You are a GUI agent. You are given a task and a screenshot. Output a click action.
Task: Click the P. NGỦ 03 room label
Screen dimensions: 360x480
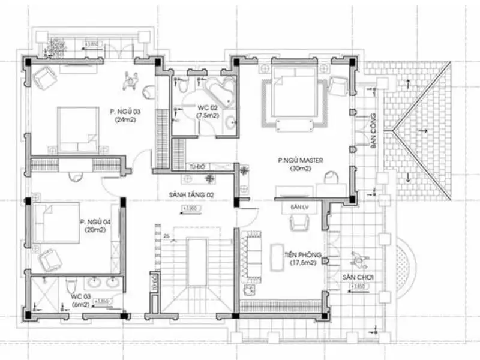(125, 111)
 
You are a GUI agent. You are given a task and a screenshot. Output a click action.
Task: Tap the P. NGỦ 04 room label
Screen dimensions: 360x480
(95, 221)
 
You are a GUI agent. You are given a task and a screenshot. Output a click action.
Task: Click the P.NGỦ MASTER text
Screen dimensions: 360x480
(301, 160)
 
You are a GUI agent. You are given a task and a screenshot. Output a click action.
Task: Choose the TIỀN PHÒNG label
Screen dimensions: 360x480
(303, 256)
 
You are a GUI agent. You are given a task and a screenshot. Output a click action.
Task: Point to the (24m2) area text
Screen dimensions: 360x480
(125, 119)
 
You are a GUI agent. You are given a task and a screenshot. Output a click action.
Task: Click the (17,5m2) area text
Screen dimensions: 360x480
(303, 263)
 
